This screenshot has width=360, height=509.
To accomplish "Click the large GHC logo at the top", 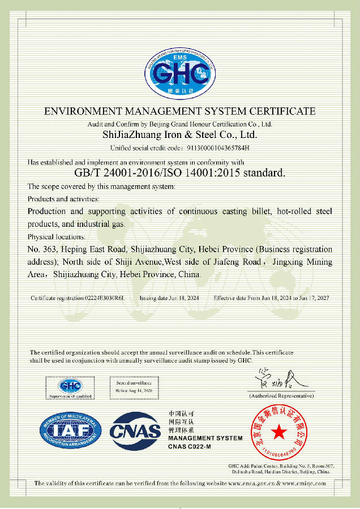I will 180,74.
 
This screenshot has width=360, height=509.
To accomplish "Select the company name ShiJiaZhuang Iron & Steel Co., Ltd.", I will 180,135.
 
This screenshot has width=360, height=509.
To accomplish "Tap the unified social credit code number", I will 218,148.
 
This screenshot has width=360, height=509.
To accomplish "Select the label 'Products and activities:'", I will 63,199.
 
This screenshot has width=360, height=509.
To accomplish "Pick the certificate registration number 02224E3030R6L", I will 105,297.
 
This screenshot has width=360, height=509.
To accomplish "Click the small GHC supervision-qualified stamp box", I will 71,389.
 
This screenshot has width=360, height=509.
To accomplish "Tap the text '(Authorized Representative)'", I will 281,396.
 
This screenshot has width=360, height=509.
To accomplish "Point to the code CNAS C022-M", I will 189,447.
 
